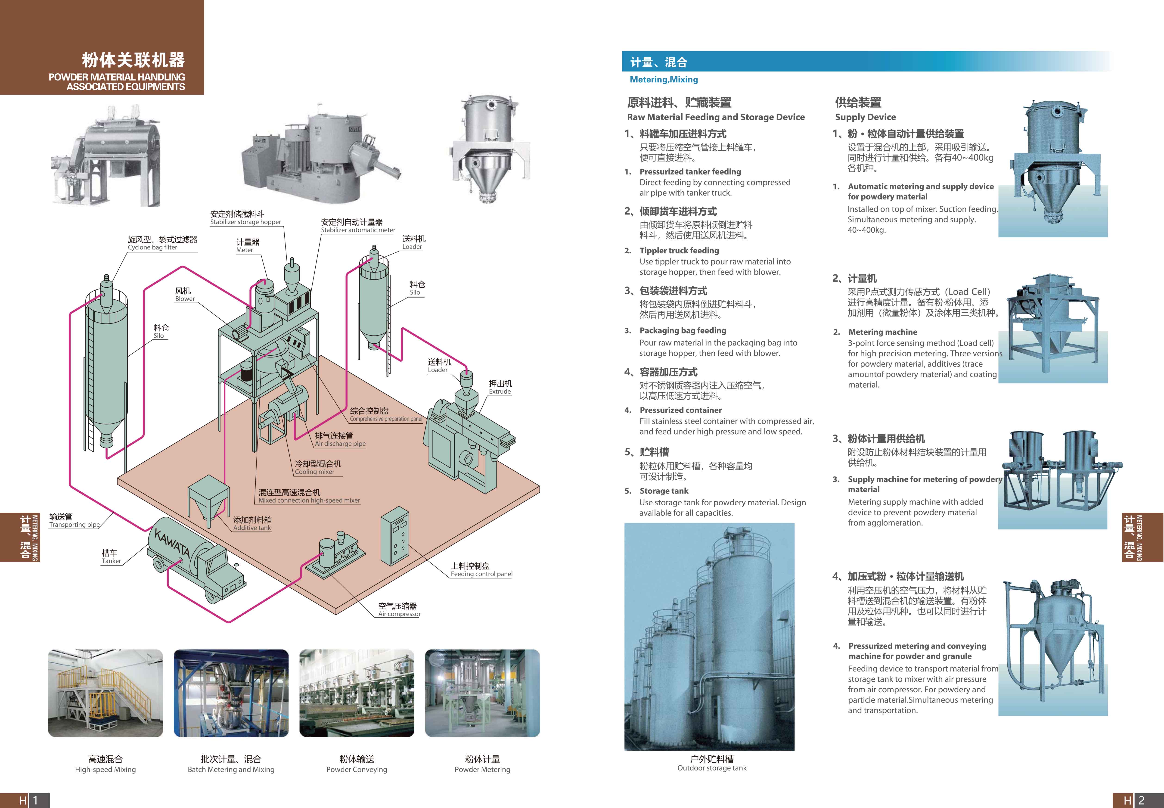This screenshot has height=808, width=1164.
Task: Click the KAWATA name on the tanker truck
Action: click(x=172, y=543)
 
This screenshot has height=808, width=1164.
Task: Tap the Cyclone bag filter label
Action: click(x=152, y=248)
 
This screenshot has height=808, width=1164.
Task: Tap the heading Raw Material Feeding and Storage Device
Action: click(x=716, y=117)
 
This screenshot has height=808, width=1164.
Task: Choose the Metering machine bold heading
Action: click(x=883, y=332)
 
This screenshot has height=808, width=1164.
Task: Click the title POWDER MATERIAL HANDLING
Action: click(x=117, y=77)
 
